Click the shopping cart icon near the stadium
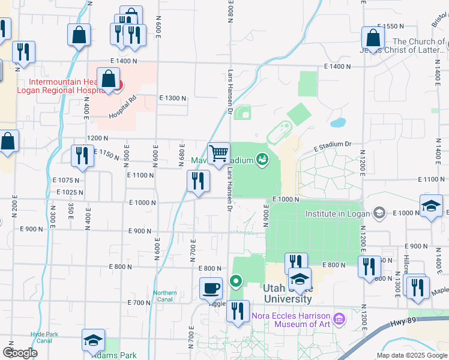pos(219,153)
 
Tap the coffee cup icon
pos(211,288)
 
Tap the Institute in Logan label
pos(339,213)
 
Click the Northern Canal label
pos(165,296)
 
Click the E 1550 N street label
pos(391,26)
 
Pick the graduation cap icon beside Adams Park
pos(93,340)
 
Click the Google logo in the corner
pos(20,353)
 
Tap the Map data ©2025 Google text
pos(411,355)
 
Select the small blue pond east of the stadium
pos(338,123)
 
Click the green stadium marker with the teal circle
pos(262,159)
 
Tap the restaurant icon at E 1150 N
pos(82,156)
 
